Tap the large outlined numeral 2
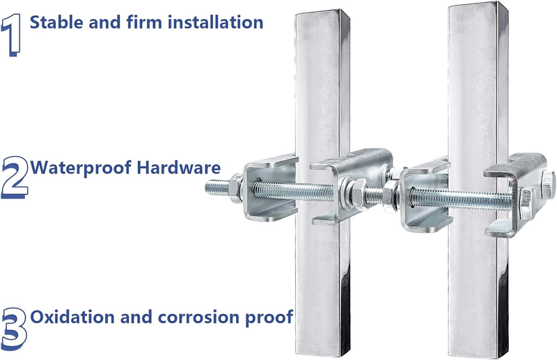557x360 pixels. pos(15,178)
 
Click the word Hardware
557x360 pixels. pos(179,167)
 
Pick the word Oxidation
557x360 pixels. pos(72,317)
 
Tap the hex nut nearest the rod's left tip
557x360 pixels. pos(236,188)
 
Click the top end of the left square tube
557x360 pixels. pos(321,12)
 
